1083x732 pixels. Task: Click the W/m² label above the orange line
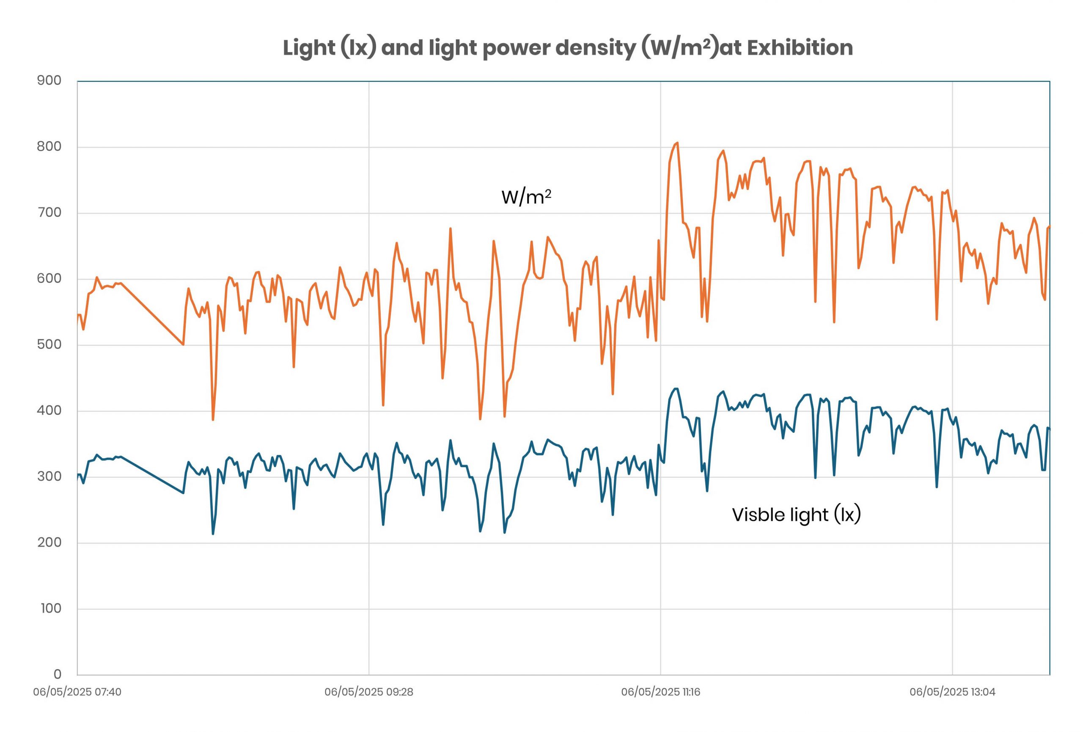[526, 197]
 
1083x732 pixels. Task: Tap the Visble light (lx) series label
[796, 515]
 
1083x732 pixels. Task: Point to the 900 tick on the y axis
[49, 81]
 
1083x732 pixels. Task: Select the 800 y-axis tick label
[49, 147]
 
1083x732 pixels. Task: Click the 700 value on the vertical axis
[49, 212]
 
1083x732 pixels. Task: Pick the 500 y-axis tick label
[49, 344]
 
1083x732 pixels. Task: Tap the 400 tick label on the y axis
[49, 410]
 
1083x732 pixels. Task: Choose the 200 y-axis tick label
[49, 542]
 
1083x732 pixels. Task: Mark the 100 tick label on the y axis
[51, 608]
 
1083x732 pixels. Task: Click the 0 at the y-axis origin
[57, 674]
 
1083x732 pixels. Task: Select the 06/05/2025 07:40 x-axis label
[77, 692]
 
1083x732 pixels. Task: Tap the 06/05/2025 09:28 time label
[368, 692]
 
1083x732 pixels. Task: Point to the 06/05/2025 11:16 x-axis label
[660, 692]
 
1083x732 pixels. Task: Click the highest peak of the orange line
[677, 143]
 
